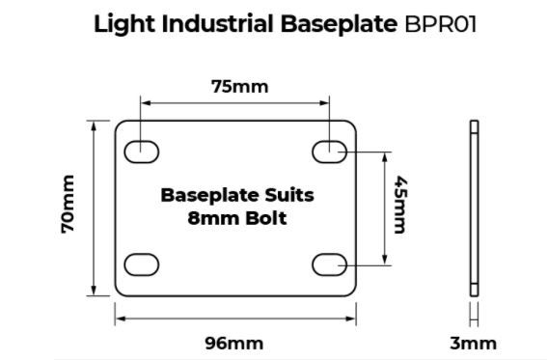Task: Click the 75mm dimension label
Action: pyautogui.click(x=240, y=87)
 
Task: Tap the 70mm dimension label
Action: pyautogui.click(x=68, y=204)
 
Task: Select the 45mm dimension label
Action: pyautogui.click(x=400, y=204)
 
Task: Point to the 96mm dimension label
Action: pyautogui.click(x=234, y=344)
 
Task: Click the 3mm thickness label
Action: pyautogui.click(x=473, y=344)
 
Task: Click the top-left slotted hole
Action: pyautogui.click(x=141, y=152)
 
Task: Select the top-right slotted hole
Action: pyautogui.click(x=329, y=152)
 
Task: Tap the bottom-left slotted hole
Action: pyautogui.click(x=141, y=264)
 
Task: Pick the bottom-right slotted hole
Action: pyautogui.click(x=329, y=264)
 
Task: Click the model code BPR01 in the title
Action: pyautogui.click(x=440, y=24)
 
